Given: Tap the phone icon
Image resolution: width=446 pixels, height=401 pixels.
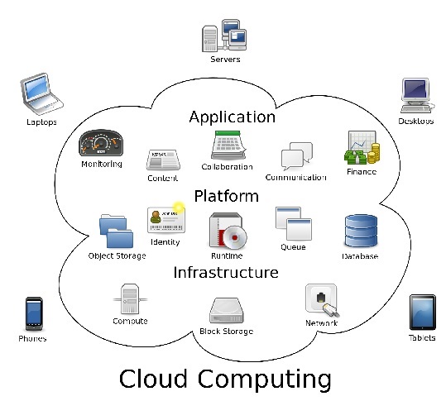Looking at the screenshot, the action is click(34, 313).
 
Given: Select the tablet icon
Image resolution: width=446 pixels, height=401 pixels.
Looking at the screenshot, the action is click(422, 312).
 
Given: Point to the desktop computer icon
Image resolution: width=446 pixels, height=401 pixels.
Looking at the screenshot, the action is click(417, 95).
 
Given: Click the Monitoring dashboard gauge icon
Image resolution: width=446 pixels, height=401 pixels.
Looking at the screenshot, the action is click(101, 143).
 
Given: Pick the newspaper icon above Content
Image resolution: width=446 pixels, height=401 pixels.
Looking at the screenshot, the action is click(163, 160).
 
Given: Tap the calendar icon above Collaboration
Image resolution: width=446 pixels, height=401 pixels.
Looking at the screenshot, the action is click(229, 145).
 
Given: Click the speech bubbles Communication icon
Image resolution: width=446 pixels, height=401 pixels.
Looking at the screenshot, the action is click(297, 155).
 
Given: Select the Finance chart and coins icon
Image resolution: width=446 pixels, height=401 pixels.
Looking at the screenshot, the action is click(362, 147).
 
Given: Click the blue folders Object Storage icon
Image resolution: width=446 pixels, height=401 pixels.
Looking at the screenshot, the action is click(116, 231).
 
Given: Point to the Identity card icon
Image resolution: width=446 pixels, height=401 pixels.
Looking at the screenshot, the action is click(166, 220).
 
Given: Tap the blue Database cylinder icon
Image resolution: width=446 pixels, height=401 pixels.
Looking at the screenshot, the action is click(361, 231).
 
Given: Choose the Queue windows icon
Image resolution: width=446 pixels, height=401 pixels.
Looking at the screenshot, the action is click(294, 224).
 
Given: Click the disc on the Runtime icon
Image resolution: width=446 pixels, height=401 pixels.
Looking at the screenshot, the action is click(235, 236).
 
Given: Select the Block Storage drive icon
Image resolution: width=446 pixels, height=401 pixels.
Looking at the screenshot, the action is click(227, 310).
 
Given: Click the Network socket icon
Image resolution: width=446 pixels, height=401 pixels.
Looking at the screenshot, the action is click(322, 300).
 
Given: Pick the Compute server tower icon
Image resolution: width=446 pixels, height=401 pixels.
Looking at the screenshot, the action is click(130, 299).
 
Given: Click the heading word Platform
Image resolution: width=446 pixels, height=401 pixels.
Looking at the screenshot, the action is click(227, 196).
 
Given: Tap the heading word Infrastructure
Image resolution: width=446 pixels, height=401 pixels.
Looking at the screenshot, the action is click(226, 272).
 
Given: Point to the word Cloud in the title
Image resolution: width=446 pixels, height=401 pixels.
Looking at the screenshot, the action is click(153, 379).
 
